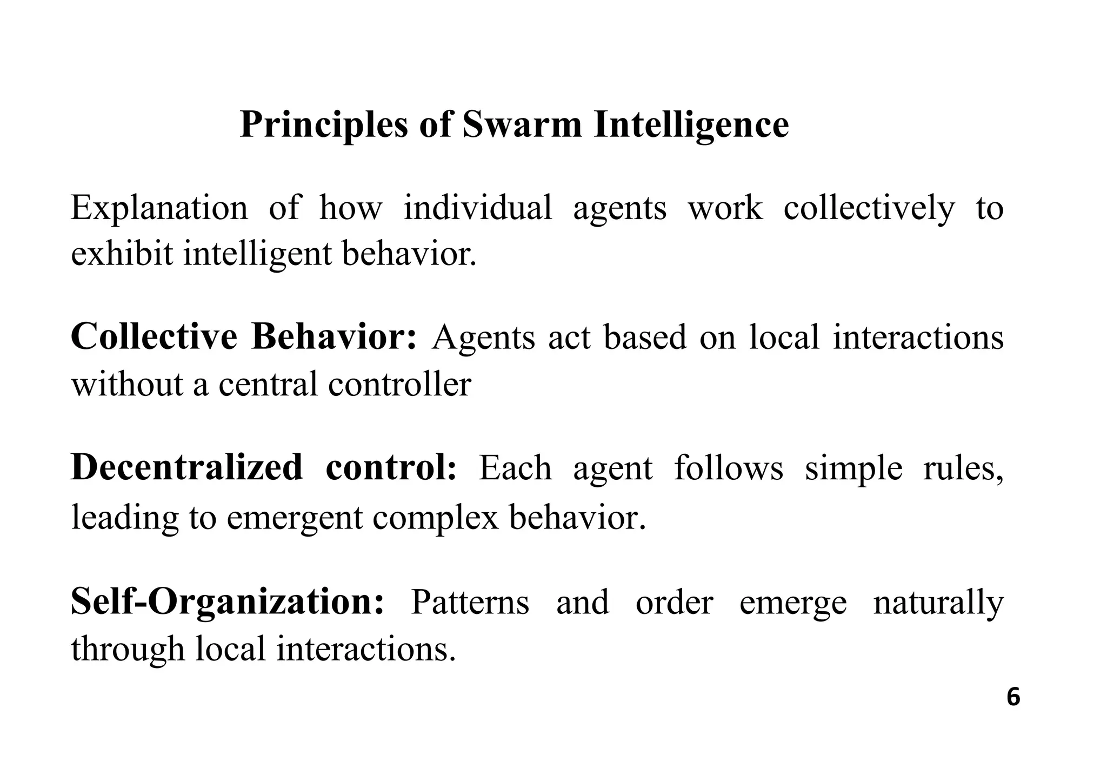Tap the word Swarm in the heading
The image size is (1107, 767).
[x=522, y=124]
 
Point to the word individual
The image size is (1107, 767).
[x=478, y=208]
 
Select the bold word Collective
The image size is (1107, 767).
[x=154, y=337]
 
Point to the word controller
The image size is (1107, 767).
[x=399, y=384]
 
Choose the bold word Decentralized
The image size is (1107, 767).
[x=186, y=468]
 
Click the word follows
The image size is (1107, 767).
[x=728, y=468]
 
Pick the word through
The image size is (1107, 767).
[x=128, y=649]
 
